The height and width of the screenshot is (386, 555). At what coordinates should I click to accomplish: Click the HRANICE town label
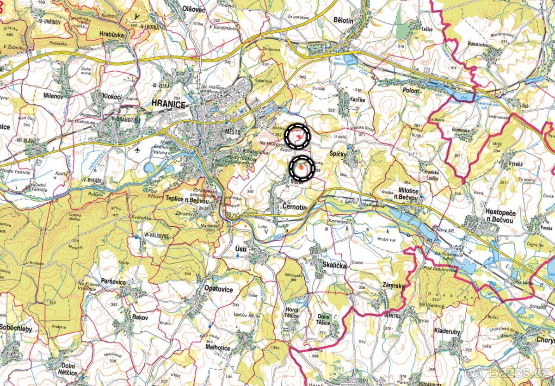tap(169, 104)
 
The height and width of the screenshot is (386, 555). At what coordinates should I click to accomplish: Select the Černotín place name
tap(295, 207)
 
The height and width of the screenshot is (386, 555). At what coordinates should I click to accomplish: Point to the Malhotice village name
tap(218, 348)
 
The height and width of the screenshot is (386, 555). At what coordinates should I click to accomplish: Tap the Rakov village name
tap(140, 318)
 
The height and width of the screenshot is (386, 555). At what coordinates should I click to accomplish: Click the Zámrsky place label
tap(394, 286)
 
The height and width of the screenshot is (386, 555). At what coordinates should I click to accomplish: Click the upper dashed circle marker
tap(297, 136)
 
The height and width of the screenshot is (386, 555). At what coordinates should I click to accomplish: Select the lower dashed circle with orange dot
tap(302, 168)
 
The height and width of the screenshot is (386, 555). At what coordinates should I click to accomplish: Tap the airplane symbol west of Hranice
tap(136, 150)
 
